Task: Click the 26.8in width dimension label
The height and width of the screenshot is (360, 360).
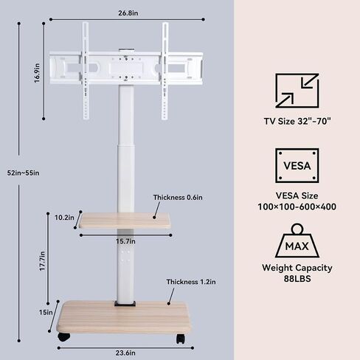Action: (128, 13)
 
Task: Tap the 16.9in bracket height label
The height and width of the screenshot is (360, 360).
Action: (37, 73)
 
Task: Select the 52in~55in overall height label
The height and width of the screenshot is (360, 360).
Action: (23, 173)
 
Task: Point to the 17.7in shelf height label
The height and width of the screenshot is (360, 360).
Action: (42, 261)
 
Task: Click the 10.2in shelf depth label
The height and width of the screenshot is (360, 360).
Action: (64, 218)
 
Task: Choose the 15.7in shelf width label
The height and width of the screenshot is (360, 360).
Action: (125, 241)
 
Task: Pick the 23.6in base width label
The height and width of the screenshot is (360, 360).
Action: (125, 353)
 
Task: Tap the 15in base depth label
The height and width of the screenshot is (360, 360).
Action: (46, 312)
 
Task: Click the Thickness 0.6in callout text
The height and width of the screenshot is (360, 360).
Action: (178, 198)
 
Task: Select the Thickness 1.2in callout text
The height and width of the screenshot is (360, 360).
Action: (191, 282)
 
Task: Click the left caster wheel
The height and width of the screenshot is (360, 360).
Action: (64, 337)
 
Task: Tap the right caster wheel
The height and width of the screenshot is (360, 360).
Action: (180, 339)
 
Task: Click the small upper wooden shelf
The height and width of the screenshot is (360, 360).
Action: (125, 221)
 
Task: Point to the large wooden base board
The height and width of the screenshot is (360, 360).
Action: (124, 317)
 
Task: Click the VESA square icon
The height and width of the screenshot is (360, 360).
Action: (297, 165)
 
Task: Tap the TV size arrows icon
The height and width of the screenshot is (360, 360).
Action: (297, 91)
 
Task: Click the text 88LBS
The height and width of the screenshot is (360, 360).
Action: (297, 279)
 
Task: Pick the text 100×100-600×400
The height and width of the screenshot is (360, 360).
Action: (297, 207)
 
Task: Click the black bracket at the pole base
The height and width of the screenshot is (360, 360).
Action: (125, 303)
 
